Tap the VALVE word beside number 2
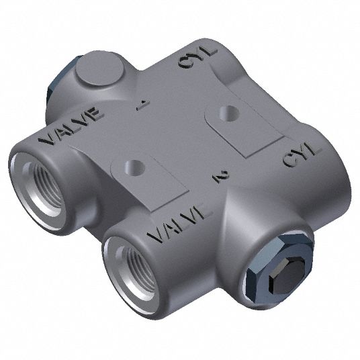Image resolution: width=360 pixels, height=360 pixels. pyautogui.click(x=178, y=226)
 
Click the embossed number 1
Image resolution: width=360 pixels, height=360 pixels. pyautogui.click(x=142, y=104)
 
